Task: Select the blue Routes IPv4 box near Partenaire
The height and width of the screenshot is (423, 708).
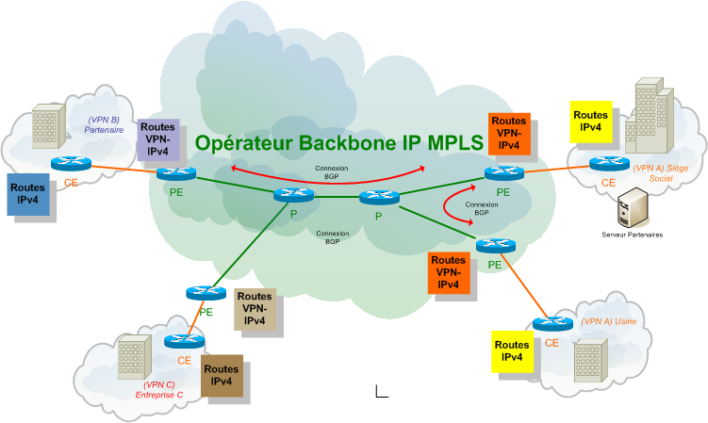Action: click(x=28, y=193)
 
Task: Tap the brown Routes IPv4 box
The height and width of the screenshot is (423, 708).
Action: click(x=221, y=376)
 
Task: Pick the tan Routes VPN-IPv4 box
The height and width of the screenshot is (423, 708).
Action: click(x=255, y=308)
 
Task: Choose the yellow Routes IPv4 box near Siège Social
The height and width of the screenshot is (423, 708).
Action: click(x=591, y=121)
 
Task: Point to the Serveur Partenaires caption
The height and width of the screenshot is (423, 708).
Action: click(x=632, y=234)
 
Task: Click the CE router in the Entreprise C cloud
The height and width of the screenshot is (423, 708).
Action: click(x=179, y=341)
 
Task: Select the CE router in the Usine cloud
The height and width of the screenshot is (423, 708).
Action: click(x=552, y=324)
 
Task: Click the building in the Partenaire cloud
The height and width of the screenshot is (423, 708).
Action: click(x=47, y=127)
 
